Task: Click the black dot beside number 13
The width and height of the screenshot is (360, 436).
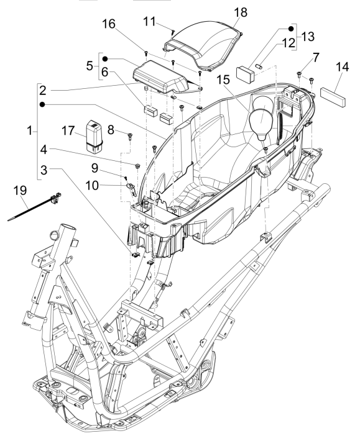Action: [290, 29]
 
